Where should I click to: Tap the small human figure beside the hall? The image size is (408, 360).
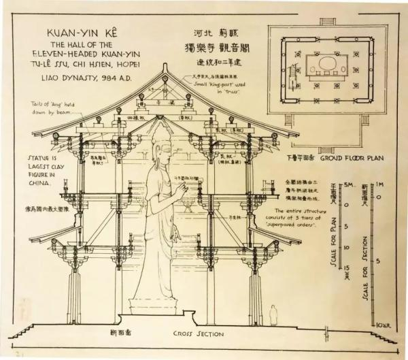(x=272, y=314)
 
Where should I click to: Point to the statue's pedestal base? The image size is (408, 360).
(x=160, y=306)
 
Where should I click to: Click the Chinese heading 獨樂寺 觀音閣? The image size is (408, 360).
(x=216, y=48)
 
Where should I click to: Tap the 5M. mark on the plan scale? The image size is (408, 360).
(x=347, y=185)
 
